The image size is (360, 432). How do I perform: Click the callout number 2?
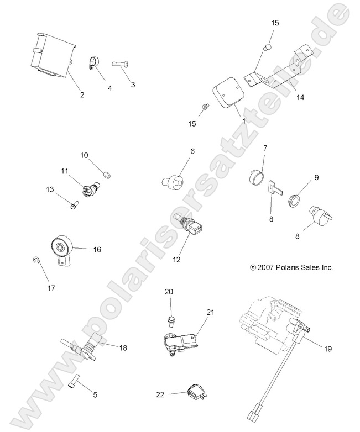tap(82, 94)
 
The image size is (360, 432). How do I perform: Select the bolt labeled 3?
tap(122, 65)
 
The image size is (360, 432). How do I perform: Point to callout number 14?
tap(300, 97)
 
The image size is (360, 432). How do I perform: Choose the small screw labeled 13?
tap(74, 206)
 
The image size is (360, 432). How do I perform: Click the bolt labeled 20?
tap(170, 319)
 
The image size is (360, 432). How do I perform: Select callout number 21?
tap(210, 312)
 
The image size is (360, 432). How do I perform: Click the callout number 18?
tap(123, 347)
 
